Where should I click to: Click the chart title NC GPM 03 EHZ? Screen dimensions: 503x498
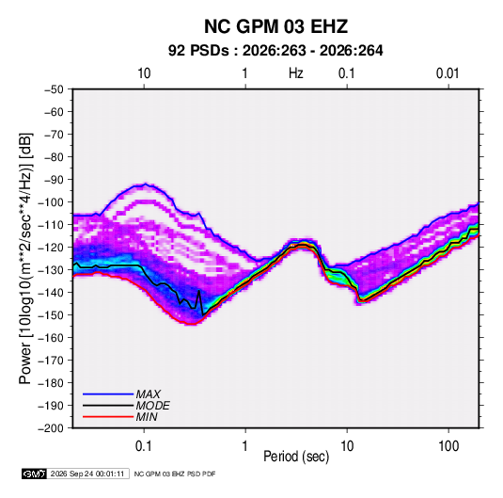275,26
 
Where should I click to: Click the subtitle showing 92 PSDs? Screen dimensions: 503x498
275,51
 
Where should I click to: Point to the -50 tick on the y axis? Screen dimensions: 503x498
54,89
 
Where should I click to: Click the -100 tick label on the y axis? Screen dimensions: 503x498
51,202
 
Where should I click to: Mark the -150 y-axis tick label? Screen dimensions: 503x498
51,315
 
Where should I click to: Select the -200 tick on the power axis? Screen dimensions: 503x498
51,428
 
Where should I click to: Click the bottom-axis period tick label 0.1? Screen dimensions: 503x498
144,446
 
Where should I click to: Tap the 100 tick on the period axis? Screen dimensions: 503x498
448,446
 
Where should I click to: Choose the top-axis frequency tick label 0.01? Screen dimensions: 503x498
448,73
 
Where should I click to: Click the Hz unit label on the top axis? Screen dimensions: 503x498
296,73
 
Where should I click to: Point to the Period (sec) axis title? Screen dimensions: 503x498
296,457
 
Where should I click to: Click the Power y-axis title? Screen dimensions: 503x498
25,259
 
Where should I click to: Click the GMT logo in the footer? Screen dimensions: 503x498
35,474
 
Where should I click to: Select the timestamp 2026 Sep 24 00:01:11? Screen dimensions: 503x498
87,474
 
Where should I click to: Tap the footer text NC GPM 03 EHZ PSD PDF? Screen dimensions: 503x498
175,474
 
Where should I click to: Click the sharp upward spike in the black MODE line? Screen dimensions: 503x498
199,291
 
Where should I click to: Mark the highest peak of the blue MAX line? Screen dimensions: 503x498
145,185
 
